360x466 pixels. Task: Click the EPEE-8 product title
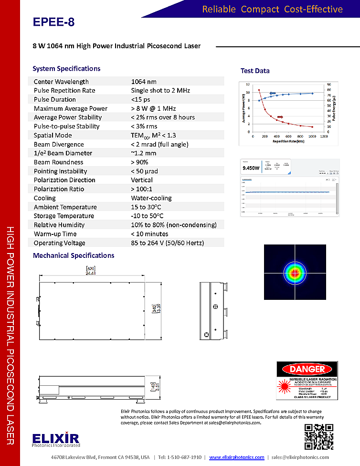pyautogui.click(x=54, y=22)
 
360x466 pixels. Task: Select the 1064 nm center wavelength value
pyautogui.click(x=144, y=82)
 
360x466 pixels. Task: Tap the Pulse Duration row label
pyautogui.click(x=55, y=99)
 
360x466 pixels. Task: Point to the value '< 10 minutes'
pyautogui.click(x=149, y=234)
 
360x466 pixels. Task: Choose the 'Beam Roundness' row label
pyautogui.click(x=58, y=162)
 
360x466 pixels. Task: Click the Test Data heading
pyautogui.click(x=255, y=71)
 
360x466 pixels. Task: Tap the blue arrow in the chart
pyautogui.click(x=273, y=94)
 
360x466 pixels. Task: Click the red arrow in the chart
pyautogui.click(x=280, y=116)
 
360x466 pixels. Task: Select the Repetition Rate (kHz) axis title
pyautogui.click(x=288, y=141)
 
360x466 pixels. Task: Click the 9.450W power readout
pyautogui.click(x=251, y=168)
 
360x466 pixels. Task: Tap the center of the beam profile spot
pyautogui.click(x=295, y=273)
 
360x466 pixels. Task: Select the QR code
pyautogui.click(x=319, y=436)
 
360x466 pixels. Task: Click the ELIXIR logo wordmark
pyautogui.click(x=56, y=437)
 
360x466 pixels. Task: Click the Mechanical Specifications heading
pyautogui.click(x=74, y=255)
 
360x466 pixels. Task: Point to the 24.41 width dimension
pyautogui.click(x=91, y=274)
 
